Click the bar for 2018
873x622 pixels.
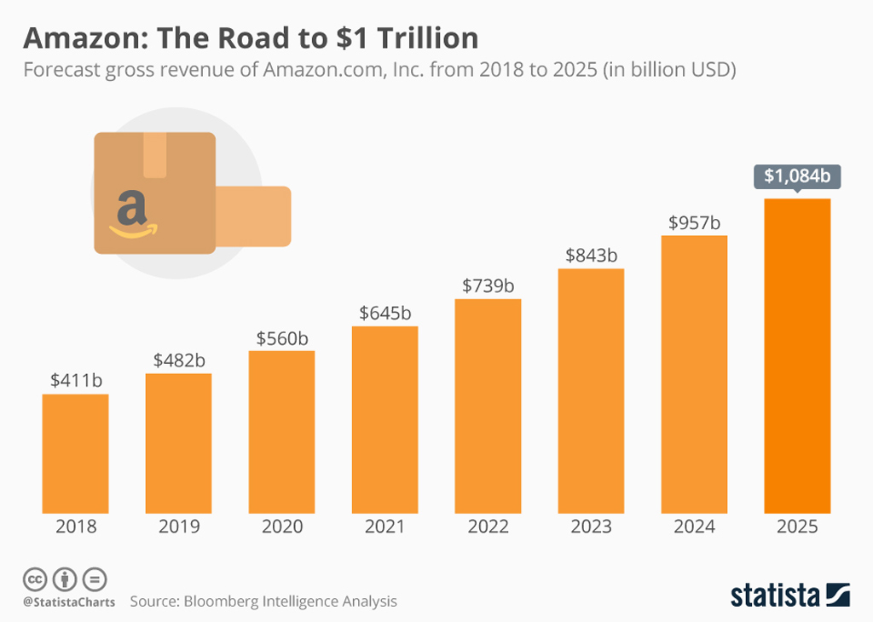76,453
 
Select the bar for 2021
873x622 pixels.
384,419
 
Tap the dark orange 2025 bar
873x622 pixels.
797,355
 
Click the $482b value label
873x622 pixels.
179,360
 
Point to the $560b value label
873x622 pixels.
282,338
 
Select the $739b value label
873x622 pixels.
488,286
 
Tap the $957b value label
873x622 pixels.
694,223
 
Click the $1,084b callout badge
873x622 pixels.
797,176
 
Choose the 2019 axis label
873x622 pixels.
179,527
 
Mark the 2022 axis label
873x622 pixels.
488,527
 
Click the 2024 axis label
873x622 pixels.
694,527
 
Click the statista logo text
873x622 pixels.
775,595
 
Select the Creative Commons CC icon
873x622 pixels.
35,579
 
